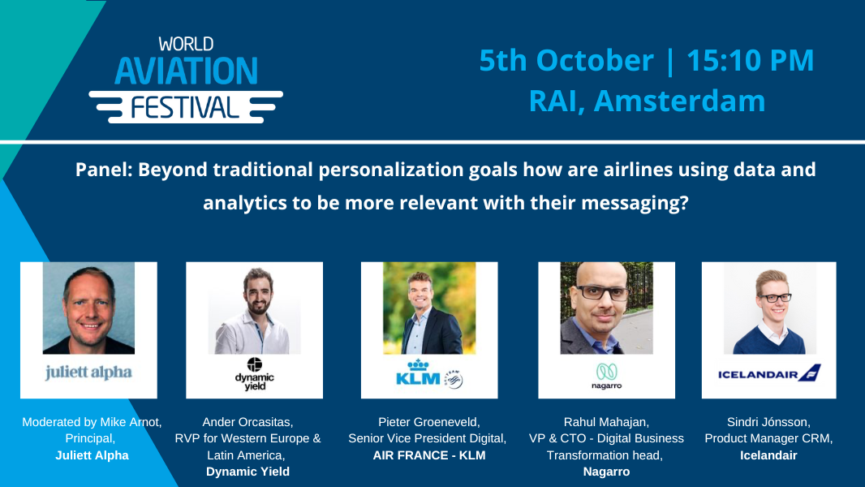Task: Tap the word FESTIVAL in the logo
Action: coord(185,105)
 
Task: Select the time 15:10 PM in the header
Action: coord(751,61)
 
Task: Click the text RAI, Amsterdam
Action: coord(647,101)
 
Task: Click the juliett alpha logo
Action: coord(88,373)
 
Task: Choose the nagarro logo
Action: coord(605,375)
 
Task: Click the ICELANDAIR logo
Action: coord(768,373)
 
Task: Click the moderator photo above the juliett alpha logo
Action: coord(88,308)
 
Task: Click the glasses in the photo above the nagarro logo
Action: coord(605,293)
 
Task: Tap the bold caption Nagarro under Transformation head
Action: coord(606,472)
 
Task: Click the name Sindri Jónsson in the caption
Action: coord(768,422)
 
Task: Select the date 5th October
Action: coord(566,61)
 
